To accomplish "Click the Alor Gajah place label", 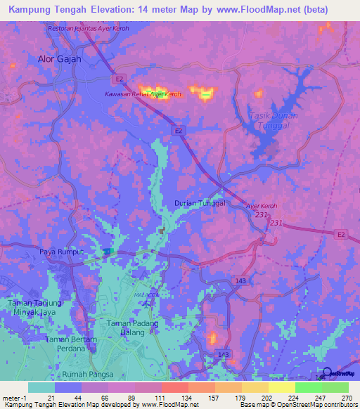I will (59, 60).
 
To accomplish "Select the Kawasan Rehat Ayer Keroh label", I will (143, 93).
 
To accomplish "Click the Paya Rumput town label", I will (61, 252).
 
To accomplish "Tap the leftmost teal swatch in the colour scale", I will (41, 387).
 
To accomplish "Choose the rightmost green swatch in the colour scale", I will (335, 387).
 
